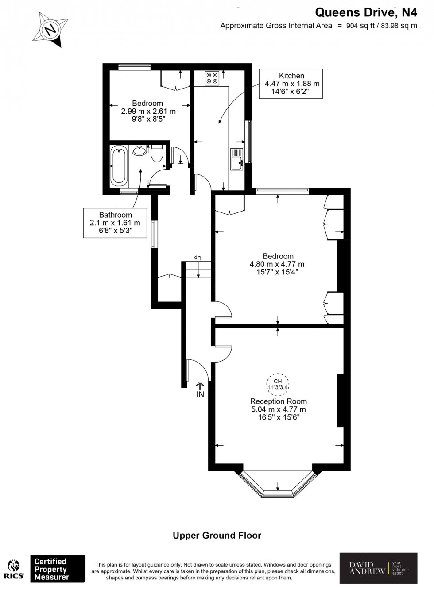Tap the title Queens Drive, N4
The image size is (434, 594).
coord(366,12)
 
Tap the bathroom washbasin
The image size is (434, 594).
coord(139,150)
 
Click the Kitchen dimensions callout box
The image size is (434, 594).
coord(291,84)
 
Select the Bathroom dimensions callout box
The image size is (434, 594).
coord(115,223)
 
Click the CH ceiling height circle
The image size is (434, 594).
coord(278,384)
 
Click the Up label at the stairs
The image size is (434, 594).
coord(198,257)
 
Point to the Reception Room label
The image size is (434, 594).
coord(278,401)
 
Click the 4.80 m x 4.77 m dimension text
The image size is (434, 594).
coord(277,264)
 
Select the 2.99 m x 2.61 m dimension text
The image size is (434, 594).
coord(148,112)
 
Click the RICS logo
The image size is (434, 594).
coord(14,569)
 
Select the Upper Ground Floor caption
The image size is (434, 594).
coord(217,536)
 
